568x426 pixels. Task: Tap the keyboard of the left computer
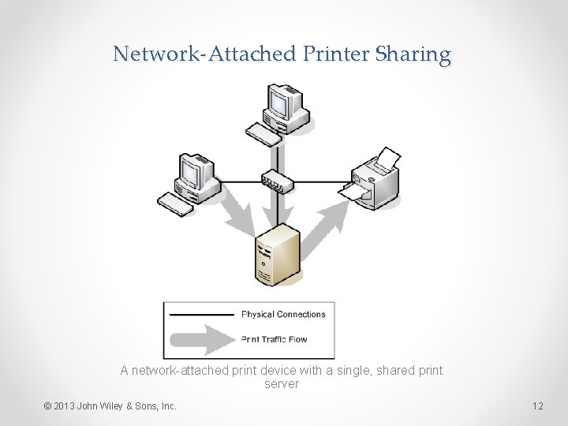[x=174, y=204]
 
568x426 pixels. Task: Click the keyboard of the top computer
[x=263, y=135]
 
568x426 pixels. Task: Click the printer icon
[x=373, y=177]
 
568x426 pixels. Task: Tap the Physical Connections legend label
[x=283, y=315]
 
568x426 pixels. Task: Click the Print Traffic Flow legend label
[x=275, y=340]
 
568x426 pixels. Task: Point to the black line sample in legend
[x=201, y=315]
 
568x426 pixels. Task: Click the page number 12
[x=538, y=406]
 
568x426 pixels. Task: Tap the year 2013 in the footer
[x=66, y=406]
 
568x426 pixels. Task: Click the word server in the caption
[x=282, y=384]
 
